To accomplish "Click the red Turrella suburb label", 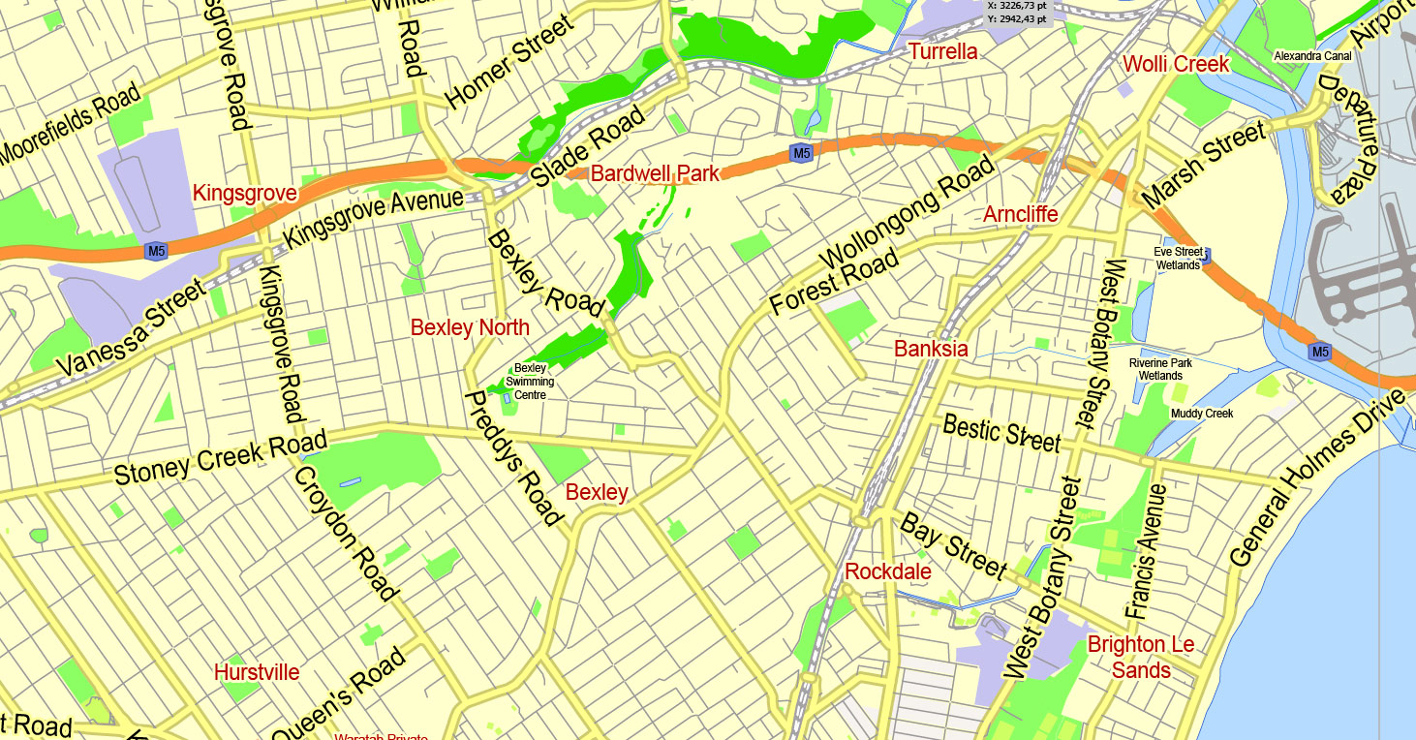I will [942, 51].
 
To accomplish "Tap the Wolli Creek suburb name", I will [1176, 65].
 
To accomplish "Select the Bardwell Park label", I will [655, 174].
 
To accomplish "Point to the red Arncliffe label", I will [1020, 214].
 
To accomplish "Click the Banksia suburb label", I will [931, 349].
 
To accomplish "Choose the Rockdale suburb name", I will [888, 571].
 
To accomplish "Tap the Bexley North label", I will [470, 327].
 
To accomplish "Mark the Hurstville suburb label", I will [257, 672].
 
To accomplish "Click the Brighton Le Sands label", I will [1141, 657].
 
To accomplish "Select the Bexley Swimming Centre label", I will [530, 382].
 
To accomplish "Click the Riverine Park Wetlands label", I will [1160, 369].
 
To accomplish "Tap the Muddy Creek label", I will [1202, 414].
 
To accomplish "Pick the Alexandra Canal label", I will [1312, 56].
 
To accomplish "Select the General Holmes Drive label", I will [1316, 478].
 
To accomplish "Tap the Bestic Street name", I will [1001, 432].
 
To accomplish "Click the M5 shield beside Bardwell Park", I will [800, 153].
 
